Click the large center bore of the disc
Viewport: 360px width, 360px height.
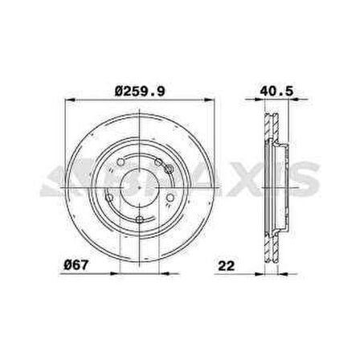(x=139, y=183)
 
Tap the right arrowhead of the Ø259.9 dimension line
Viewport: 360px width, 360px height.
(x=213, y=102)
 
